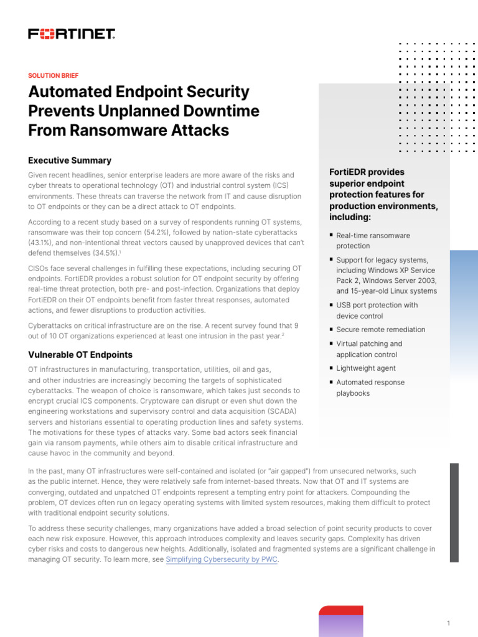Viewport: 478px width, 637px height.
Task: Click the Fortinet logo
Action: pyautogui.click(x=72, y=34)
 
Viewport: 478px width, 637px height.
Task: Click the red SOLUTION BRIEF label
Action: pyautogui.click(x=53, y=75)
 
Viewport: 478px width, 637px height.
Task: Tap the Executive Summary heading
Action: pyautogui.click(x=70, y=160)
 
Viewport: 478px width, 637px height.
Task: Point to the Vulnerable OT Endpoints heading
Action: pyautogui.click(x=80, y=355)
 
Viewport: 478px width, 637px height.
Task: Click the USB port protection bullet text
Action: pyautogui.click(x=377, y=310)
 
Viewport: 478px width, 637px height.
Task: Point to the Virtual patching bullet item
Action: pyautogui.click(x=369, y=349)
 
